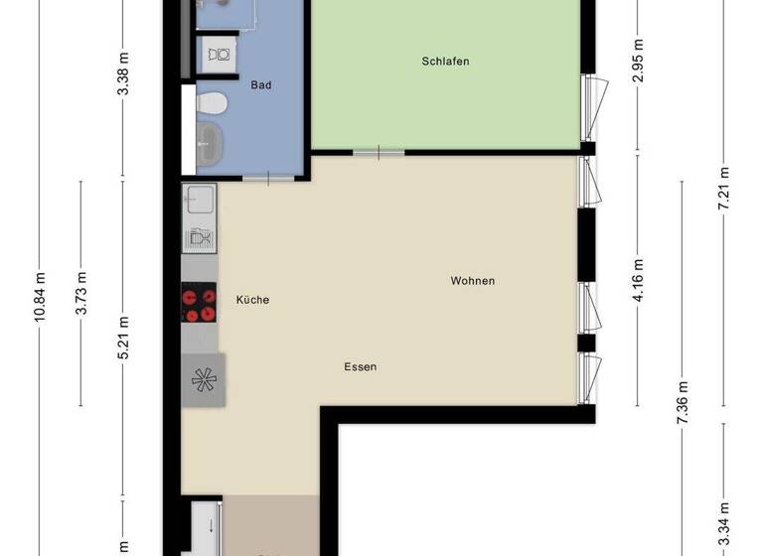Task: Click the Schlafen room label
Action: click(x=445, y=62)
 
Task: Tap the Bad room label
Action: click(x=261, y=85)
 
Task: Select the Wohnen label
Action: click(x=472, y=281)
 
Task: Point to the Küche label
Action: click(x=252, y=300)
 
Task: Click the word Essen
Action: click(x=360, y=366)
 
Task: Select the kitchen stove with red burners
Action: click(x=199, y=303)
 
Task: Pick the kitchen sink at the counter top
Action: click(x=199, y=200)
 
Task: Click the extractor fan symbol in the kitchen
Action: click(x=203, y=378)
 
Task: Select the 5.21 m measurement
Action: click(x=123, y=338)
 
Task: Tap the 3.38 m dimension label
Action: click(x=123, y=73)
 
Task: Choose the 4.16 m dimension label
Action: click(x=638, y=280)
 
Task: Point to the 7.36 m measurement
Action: click(x=682, y=402)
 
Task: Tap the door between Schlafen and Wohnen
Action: click(x=379, y=152)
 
